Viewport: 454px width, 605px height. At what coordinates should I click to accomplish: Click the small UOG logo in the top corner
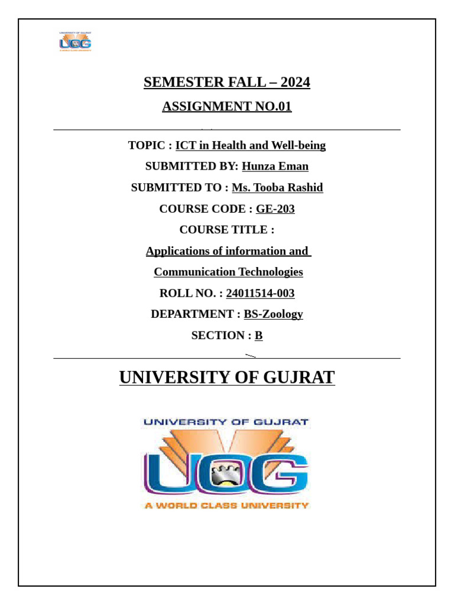[75, 41]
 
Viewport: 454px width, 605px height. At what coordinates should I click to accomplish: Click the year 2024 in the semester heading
[295, 83]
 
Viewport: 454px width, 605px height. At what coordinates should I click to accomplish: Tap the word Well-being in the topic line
[298, 145]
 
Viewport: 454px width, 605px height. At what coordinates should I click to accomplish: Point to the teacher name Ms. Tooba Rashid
[277, 188]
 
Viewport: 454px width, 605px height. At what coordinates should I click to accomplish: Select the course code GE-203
[275, 209]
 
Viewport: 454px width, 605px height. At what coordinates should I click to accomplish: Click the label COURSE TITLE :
[227, 230]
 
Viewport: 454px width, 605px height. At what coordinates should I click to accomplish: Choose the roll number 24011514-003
[260, 294]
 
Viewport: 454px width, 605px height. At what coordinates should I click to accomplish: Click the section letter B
[258, 336]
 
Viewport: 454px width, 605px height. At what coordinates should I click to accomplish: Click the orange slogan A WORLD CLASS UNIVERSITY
[227, 506]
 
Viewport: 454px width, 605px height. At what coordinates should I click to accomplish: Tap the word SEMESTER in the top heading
[174, 83]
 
